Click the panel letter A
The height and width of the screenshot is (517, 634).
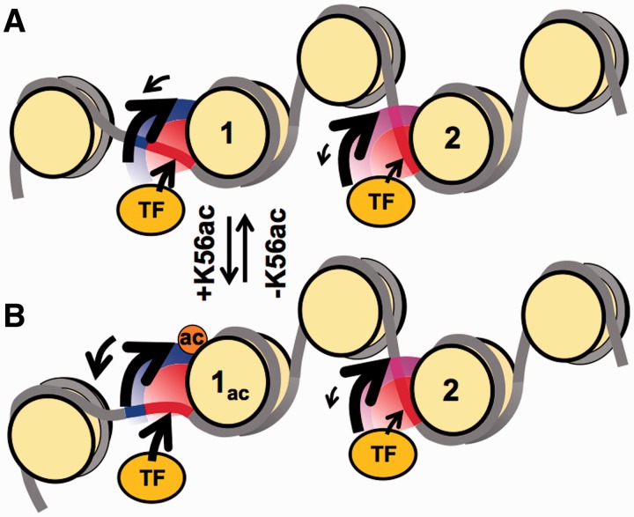coord(15,19)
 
